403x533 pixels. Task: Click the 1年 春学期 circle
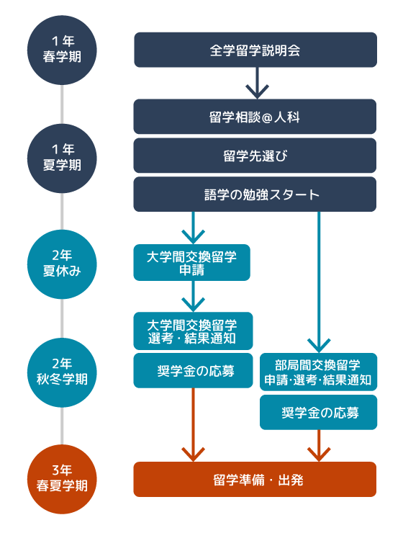point(62,49)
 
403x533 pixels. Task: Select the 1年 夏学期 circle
point(62,157)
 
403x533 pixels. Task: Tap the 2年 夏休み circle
point(62,264)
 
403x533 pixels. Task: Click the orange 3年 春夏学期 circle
point(62,478)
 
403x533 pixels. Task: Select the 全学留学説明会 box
point(255,50)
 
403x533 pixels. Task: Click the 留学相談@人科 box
point(255,117)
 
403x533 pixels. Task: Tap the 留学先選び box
point(255,156)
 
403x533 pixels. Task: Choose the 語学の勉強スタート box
point(255,194)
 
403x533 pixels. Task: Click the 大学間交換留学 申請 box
point(191,263)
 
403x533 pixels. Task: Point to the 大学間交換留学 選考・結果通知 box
point(191,330)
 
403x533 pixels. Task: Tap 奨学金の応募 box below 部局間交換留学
point(318,413)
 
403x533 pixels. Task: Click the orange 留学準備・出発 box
point(255,479)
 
